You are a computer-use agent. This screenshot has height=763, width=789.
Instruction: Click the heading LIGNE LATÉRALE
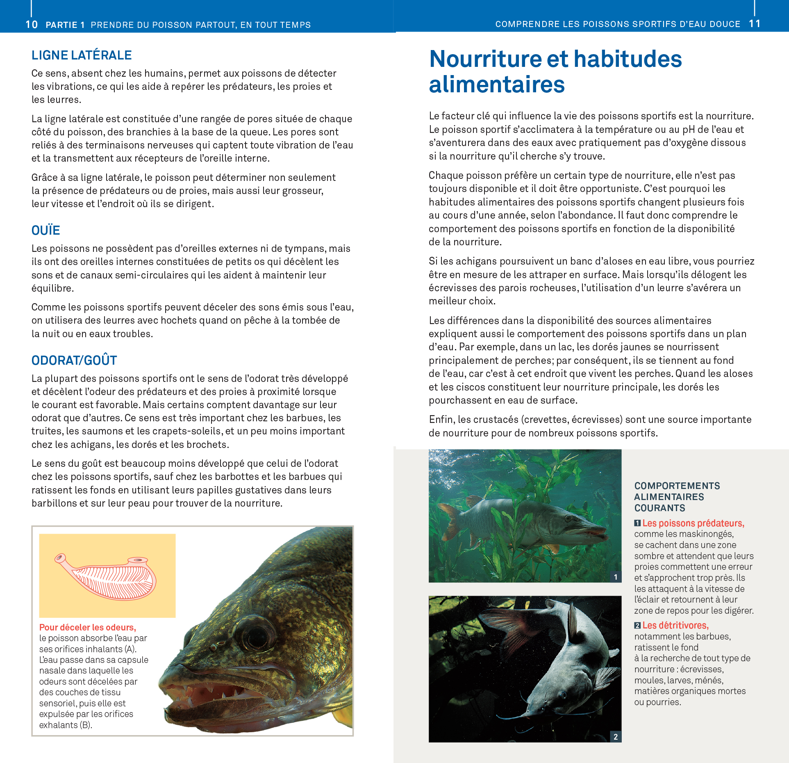coord(82,55)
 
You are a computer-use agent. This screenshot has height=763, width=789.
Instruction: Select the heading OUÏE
coord(45,231)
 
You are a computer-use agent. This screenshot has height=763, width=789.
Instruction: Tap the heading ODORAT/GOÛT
coord(74,361)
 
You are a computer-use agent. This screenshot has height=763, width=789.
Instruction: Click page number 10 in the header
coord(32,25)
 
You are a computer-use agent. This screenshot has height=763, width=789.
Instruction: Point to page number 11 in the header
coord(755,24)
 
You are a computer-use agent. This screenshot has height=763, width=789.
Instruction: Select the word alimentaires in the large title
coord(497,85)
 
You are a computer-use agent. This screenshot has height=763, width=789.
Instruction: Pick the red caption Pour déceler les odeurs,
coord(87,627)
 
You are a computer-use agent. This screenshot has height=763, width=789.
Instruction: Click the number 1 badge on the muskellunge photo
coord(616,577)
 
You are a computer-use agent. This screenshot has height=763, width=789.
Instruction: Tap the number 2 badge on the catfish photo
coord(616,737)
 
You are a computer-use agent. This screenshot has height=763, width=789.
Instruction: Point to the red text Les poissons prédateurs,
coord(693,523)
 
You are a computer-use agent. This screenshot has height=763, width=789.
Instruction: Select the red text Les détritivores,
coord(675,626)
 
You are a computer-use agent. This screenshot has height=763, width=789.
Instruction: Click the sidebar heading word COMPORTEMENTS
coord(677,486)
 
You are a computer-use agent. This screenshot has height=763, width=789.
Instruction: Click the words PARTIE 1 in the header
coord(65,25)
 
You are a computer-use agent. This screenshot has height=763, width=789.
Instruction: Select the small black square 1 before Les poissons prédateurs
coord(637,523)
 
